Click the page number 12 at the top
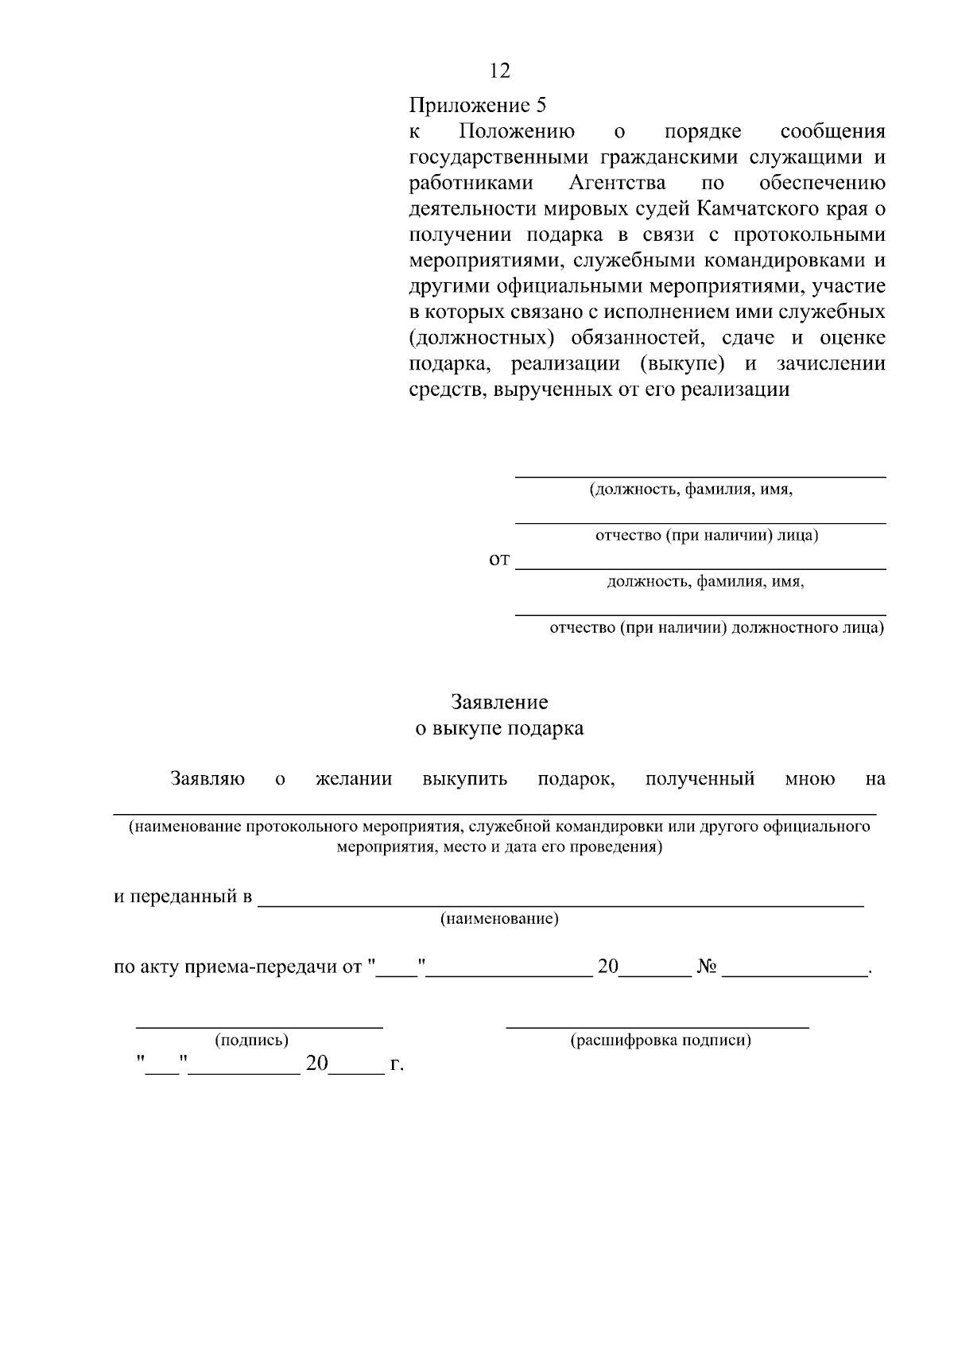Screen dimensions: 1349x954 point(500,72)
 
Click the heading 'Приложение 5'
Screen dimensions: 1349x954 point(478,105)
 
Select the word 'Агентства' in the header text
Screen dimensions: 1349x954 point(618,183)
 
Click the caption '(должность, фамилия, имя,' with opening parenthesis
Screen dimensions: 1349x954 point(691,490)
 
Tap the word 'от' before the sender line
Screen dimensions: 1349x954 point(498,560)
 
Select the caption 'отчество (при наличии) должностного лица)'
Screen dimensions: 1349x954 point(716,628)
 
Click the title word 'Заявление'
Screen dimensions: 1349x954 point(499,703)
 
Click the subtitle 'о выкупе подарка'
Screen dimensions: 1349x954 point(499,728)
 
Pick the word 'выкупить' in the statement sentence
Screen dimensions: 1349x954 point(465,779)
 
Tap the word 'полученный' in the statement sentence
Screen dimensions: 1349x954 point(700,779)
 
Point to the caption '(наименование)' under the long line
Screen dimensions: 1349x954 point(499,920)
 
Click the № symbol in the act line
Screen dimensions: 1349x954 point(707,967)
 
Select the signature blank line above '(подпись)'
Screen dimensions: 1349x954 point(259,1026)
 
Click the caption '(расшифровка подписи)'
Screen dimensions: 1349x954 point(660,1041)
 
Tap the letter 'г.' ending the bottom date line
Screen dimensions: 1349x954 point(397,1064)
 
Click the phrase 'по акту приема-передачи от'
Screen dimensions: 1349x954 point(238,967)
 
